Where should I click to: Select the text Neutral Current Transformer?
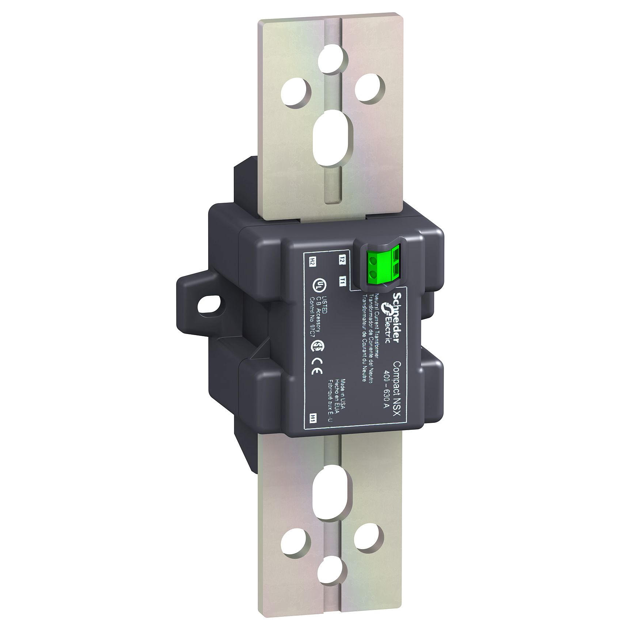tap(376, 322)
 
